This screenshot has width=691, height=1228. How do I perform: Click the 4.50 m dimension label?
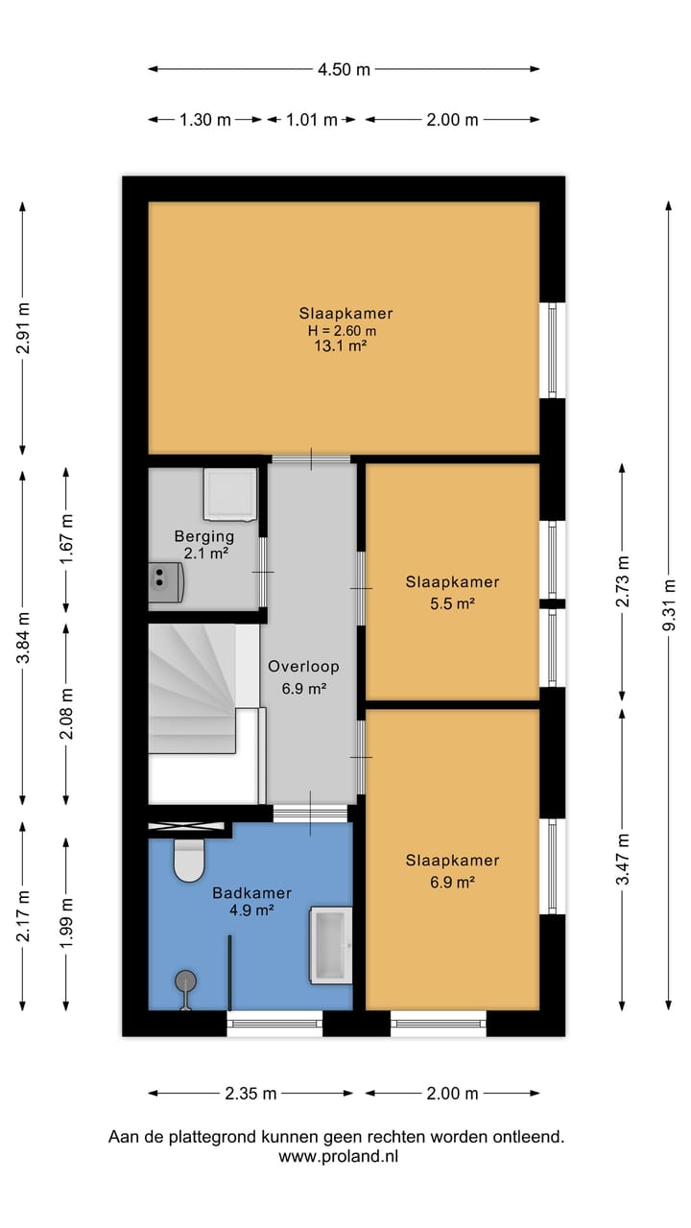coord(344,70)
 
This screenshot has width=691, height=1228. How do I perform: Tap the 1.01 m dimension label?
coord(312,120)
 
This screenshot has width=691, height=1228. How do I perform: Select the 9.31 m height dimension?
coord(669,604)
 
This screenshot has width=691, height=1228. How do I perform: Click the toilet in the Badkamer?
coord(189,862)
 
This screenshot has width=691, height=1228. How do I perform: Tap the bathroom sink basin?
coord(331,945)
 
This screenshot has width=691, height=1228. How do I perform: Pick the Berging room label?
coord(204,536)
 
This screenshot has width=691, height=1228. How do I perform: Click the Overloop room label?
coord(304,667)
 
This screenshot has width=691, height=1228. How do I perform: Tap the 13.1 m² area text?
coord(341,346)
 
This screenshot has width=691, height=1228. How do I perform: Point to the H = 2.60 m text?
coord(343,331)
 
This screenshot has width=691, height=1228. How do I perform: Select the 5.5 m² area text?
coord(452,603)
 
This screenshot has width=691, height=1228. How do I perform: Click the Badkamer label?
coord(251,893)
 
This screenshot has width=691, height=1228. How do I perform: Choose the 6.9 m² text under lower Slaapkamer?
coord(452,882)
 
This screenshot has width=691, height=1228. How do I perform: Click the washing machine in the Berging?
coord(230,494)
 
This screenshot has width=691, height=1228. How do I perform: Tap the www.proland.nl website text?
coord(338,1156)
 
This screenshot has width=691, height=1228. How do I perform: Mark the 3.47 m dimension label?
coord(623,859)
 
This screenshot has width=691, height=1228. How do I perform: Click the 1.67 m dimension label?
coord(66,539)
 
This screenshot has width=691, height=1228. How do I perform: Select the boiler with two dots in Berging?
coord(166,582)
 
